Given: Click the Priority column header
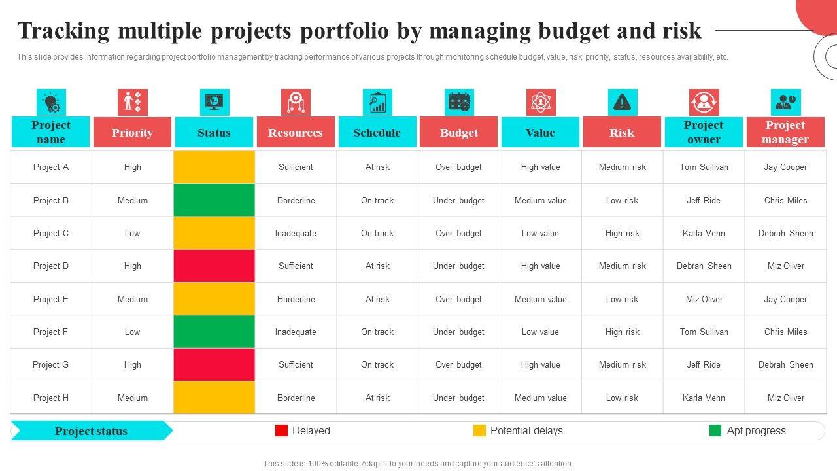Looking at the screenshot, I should pyautogui.click(x=132, y=133).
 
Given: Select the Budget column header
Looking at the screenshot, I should pyautogui.click(x=458, y=133).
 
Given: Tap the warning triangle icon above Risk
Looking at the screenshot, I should pyautogui.click(x=622, y=102).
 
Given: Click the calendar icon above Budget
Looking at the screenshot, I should pyautogui.click(x=459, y=102).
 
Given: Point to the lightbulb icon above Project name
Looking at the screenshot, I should pyautogui.click(x=51, y=103).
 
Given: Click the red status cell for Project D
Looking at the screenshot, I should pyautogui.click(x=214, y=266).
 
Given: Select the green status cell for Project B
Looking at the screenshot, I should pyautogui.click(x=214, y=200).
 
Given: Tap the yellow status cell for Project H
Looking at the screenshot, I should pyautogui.click(x=214, y=398).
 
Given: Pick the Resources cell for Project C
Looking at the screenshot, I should pyautogui.click(x=296, y=233).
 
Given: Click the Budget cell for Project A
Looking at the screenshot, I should pyautogui.click(x=458, y=167).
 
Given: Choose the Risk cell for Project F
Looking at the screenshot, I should pyautogui.click(x=622, y=332).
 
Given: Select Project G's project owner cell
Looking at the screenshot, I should pyautogui.click(x=704, y=364).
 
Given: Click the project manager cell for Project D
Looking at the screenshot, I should pyautogui.click(x=785, y=266).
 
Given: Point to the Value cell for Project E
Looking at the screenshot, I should pyautogui.click(x=540, y=299).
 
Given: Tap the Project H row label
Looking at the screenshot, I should pyautogui.click(x=51, y=398).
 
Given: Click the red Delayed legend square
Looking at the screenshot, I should pyautogui.click(x=281, y=430).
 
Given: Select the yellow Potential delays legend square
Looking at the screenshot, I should pyautogui.click(x=479, y=430).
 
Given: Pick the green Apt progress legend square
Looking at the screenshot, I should pyautogui.click(x=715, y=430).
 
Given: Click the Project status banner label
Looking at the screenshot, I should pyautogui.click(x=91, y=431).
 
